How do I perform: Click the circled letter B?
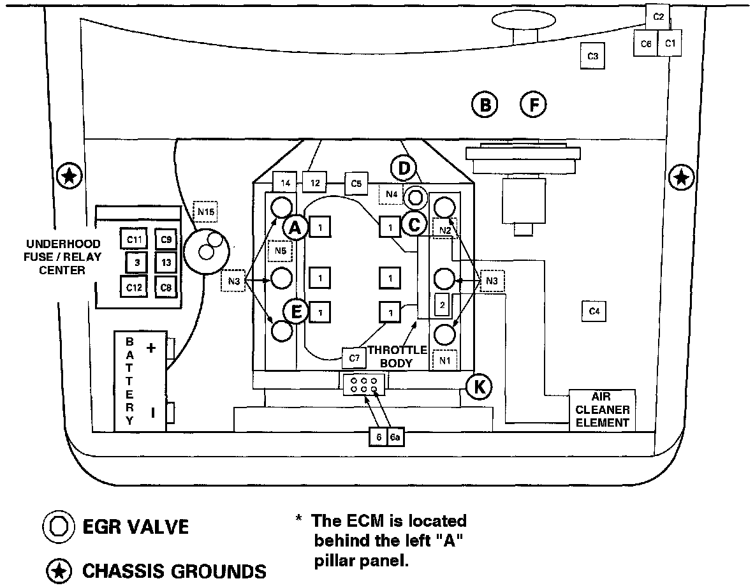[485, 105]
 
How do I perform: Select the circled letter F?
[534, 105]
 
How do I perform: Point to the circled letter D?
[404, 169]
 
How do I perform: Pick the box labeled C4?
[594, 311]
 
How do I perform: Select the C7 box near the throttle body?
[355, 358]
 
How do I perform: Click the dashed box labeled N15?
[205, 210]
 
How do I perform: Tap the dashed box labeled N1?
[444, 360]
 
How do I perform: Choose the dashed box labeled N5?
[281, 251]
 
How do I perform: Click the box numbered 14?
[285, 182]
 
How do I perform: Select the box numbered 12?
[314, 182]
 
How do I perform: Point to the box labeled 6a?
[396, 437]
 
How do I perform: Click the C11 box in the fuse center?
[134, 240]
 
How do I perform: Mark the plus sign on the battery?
[151, 348]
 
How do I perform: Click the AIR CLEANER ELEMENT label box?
[603, 409]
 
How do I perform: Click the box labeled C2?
[659, 17]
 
